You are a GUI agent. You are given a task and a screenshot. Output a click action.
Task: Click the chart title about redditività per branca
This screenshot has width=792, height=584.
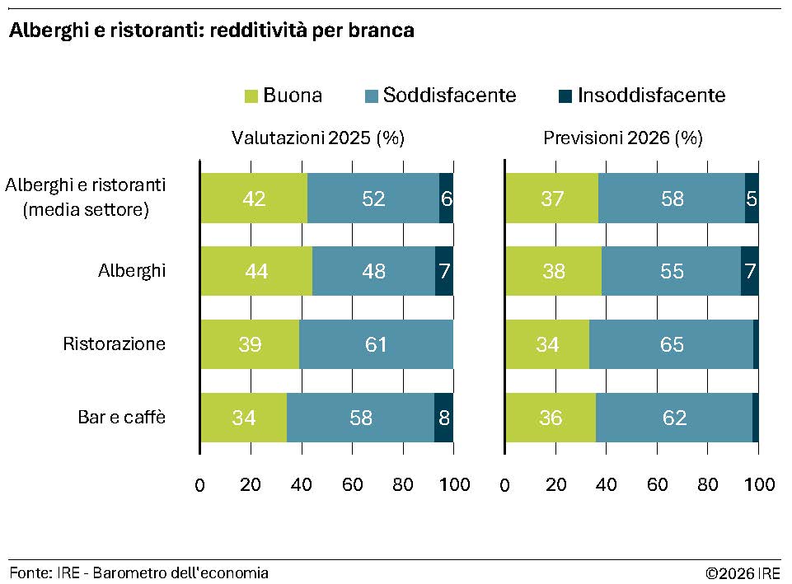pyautogui.click(x=211, y=31)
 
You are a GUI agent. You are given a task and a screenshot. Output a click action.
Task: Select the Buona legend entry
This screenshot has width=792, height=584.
pyautogui.click(x=284, y=96)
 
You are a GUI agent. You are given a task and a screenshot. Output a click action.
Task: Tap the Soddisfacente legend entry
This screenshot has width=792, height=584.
pyautogui.click(x=440, y=96)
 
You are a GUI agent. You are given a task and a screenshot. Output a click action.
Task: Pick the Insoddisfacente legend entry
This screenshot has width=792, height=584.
pyautogui.click(x=642, y=96)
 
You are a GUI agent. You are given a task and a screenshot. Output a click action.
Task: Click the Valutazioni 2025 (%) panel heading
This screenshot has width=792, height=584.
pyautogui.click(x=317, y=138)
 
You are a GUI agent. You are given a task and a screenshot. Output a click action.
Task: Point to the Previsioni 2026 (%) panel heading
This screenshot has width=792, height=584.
pyautogui.click(x=622, y=138)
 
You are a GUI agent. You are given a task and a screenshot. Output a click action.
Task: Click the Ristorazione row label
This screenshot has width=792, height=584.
pyautogui.click(x=115, y=344)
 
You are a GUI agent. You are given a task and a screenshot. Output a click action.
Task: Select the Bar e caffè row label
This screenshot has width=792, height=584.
pyautogui.click(x=122, y=418)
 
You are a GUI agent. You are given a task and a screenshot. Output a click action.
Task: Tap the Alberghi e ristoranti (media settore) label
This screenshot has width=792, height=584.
pyautogui.click(x=86, y=198)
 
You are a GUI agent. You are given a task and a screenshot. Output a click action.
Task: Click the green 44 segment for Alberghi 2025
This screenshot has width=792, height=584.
pyautogui.click(x=256, y=271)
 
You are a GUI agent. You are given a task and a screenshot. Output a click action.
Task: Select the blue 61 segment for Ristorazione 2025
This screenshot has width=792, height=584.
pyautogui.click(x=376, y=344)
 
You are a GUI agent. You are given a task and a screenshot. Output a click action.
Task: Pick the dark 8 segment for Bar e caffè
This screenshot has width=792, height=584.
pyautogui.click(x=443, y=418)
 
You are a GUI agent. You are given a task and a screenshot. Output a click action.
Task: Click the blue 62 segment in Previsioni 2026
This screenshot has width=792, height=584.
pyautogui.click(x=674, y=418)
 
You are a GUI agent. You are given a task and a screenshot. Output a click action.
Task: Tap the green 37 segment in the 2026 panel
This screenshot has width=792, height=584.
pyautogui.click(x=551, y=198)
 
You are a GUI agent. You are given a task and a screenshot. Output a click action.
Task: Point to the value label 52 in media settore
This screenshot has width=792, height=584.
pyautogui.click(x=373, y=198)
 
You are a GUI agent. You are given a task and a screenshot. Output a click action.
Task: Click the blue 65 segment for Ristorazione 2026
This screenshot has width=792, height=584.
pyautogui.click(x=672, y=344)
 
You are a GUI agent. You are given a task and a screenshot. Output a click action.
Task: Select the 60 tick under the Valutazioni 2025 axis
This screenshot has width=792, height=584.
pyautogui.click(x=352, y=484)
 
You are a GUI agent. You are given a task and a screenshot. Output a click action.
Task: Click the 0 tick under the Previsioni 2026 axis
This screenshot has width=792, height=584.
pyautogui.click(x=504, y=484)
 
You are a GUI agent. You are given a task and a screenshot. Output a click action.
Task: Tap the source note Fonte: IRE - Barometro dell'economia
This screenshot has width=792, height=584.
pyautogui.click(x=139, y=572)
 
